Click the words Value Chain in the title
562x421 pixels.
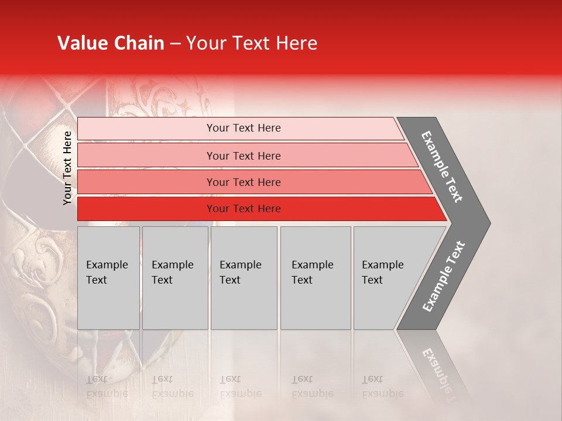111,43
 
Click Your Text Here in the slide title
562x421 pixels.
252,43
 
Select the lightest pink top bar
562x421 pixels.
146,129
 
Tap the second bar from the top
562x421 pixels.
146,156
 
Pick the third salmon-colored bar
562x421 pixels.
146,182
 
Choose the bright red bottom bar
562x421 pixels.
146,209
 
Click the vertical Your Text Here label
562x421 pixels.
67,168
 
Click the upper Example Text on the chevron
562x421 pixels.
443,166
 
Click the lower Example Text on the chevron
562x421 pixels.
444,277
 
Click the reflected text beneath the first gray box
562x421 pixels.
107,387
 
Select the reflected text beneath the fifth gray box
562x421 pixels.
382,387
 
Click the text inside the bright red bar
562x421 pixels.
244,209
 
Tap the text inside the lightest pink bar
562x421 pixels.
244,128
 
